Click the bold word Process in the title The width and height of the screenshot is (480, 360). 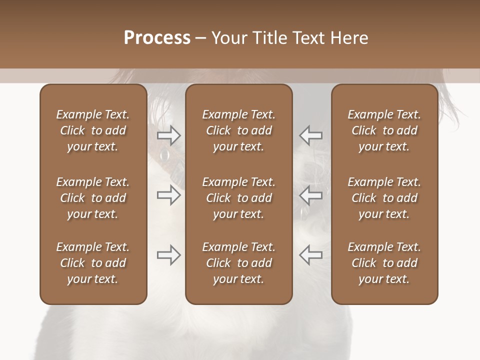pos(157,38)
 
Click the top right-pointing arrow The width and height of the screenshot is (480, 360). pos(168,135)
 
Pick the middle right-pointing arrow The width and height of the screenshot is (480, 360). pos(168,195)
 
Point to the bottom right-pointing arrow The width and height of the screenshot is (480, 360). pos(168,255)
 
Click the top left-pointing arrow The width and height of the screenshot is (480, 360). pos(310,135)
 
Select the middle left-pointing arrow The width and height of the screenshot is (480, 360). pos(310,195)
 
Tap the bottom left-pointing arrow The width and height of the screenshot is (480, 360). pos(310,255)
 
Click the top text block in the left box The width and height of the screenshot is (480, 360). pos(93,130)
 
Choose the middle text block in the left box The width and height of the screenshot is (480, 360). pos(93,198)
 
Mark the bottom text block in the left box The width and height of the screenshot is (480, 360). pos(93,263)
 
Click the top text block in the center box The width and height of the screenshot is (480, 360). pos(239,130)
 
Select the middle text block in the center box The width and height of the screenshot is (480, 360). pos(239,198)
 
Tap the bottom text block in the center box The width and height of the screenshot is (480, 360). pos(239,263)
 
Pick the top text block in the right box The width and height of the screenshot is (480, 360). pos(384,130)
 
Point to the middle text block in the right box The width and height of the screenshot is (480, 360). pos(384,198)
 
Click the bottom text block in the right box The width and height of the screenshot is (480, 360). pos(384,263)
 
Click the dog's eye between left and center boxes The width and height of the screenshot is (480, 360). pos(164,156)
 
